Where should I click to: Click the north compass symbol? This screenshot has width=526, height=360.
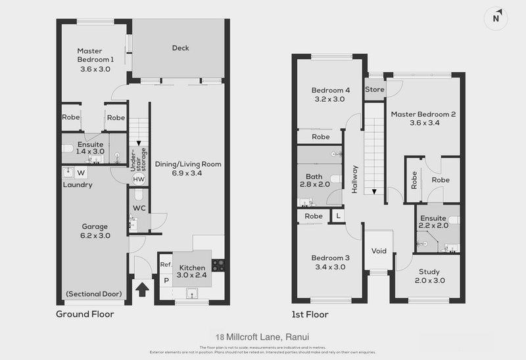pyautogui.click(x=498, y=18)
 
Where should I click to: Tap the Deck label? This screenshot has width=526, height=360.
pyautogui.click(x=181, y=47)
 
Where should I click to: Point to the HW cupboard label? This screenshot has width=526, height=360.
pyautogui.click(x=139, y=179)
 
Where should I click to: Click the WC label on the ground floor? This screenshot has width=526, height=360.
pyautogui.click(x=139, y=208)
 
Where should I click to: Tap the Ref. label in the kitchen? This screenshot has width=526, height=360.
pyautogui.click(x=166, y=265)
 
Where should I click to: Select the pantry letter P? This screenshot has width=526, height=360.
pyautogui.click(x=166, y=281)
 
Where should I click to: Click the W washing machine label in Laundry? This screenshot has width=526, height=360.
pyautogui.click(x=81, y=173)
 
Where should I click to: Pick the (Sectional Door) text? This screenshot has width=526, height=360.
pyautogui.click(x=94, y=294)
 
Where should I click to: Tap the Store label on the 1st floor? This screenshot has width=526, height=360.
pyautogui.click(x=375, y=89)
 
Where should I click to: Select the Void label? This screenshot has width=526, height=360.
pyautogui.click(x=378, y=250)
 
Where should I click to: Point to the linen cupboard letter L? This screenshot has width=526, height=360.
pyautogui.click(x=338, y=215)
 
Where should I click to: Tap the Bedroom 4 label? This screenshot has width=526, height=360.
pyautogui.click(x=329, y=90)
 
